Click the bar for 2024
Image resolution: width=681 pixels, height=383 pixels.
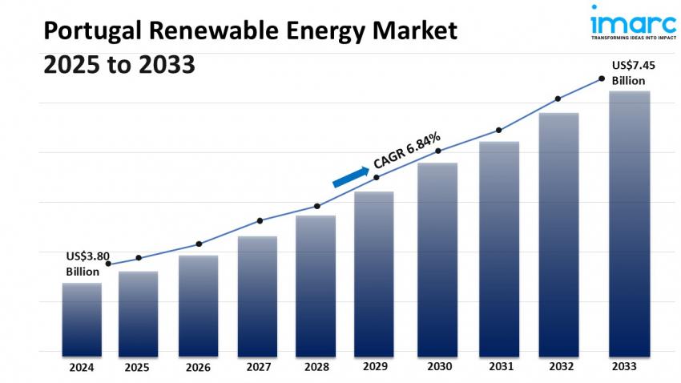(82, 319)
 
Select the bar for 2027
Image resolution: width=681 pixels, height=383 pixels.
(257, 296)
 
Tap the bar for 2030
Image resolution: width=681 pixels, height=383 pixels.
(437, 259)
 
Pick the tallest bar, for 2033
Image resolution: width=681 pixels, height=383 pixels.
(629, 223)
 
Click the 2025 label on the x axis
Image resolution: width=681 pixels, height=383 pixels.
(137, 367)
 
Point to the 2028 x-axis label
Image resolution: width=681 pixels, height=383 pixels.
(316, 367)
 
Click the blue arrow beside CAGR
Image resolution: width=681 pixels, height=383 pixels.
(350, 177)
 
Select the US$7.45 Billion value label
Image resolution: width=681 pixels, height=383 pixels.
(628, 72)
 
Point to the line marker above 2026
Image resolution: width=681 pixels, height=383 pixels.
(199, 244)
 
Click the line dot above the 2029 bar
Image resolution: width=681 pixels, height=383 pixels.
(377, 177)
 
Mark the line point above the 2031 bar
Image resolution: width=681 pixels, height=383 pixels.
(499, 130)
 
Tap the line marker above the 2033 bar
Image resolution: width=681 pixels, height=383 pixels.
(601, 79)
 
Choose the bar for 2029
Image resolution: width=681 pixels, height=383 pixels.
(374, 273)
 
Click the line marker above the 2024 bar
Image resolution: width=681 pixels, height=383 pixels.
(108, 264)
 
